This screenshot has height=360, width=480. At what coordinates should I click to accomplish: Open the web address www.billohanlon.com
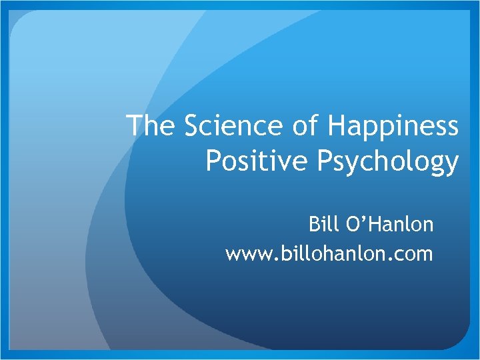pos(329,254)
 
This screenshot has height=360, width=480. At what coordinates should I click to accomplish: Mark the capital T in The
pos(134,126)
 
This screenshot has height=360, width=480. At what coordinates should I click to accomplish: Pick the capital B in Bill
pos(313,225)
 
